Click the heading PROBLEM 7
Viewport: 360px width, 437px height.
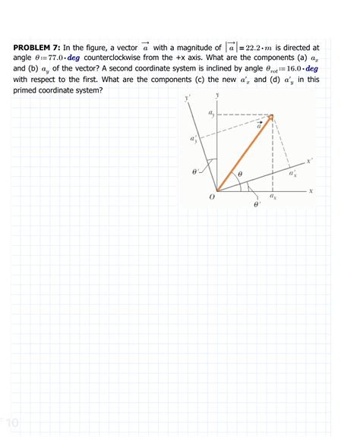37,48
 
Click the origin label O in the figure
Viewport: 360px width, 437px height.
211,198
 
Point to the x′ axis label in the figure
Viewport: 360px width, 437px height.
310,162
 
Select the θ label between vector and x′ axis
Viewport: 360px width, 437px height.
240,174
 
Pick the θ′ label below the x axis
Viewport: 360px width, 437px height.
256,204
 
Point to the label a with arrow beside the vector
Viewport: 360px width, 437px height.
259,125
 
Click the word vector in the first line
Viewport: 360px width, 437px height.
122,48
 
